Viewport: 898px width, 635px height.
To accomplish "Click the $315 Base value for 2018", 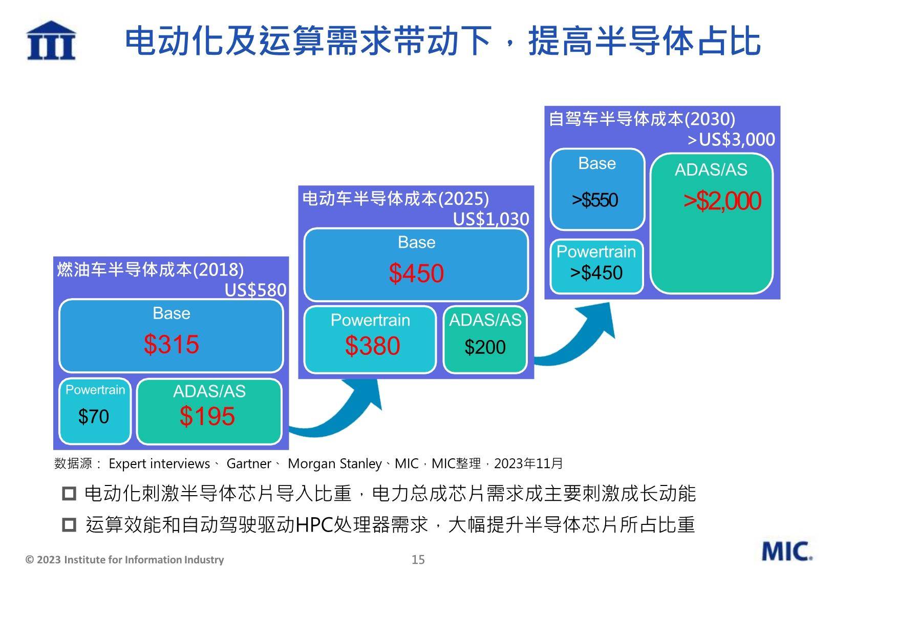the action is pyautogui.click(x=171, y=344).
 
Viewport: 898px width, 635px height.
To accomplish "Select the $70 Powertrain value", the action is pyautogui.click(x=94, y=416).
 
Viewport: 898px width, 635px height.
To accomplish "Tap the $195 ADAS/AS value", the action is pyautogui.click(x=207, y=416).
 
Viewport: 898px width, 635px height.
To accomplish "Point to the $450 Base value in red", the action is pyautogui.click(x=416, y=273).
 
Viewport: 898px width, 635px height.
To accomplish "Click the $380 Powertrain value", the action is pyautogui.click(x=372, y=346).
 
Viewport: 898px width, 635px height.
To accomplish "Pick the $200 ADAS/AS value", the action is pyautogui.click(x=485, y=347).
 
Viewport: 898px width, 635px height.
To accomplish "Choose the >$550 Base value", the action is pyautogui.click(x=595, y=200).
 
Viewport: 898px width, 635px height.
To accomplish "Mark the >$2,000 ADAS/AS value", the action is pyautogui.click(x=722, y=201).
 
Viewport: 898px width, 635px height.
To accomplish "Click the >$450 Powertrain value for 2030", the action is pyautogui.click(x=596, y=272).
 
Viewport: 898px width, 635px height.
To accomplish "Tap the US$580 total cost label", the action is pyautogui.click(x=255, y=290).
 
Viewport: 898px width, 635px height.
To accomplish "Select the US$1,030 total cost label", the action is pyautogui.click(x=491, y=219).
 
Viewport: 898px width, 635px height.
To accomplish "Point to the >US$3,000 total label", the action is pyautogui.click(x=731, y=139).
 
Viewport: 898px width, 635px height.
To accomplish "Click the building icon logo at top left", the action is pyautogui.click(x=51, y=40).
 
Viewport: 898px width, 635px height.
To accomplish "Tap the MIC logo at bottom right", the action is pyautogui.click(x=787, y=551).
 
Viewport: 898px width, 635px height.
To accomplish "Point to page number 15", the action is pyautogui.click(x=418, y=560).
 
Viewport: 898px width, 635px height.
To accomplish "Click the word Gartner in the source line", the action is pyautogui.click(x=249, y=464).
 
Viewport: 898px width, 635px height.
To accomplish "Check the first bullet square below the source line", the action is pyautogui.click(x=69, y=494).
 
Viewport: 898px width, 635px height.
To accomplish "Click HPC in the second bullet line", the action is pyautogui.click(x=314, y=524).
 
